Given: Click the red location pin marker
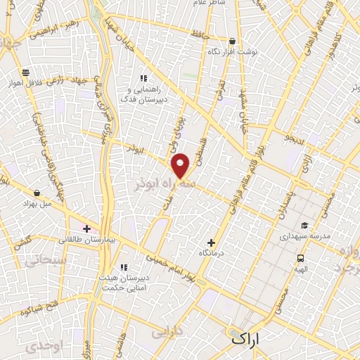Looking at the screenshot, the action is coord(181,166).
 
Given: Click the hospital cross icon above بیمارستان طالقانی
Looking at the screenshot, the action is coord(86,229).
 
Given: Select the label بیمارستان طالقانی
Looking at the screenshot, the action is coord(87,239).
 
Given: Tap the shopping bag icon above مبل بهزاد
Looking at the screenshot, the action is coord(37,192).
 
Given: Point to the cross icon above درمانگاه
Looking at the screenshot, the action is coord(211,243).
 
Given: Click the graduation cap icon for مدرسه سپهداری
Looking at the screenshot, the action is coord(304,226).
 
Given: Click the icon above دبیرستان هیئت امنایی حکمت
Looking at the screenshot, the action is coord(124,267).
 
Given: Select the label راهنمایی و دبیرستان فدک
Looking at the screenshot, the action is coord(144,94).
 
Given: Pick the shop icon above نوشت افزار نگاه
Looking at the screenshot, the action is coord(233,41).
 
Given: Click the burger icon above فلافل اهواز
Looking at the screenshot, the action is coord(26,72).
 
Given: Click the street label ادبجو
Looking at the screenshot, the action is coord(295,135).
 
